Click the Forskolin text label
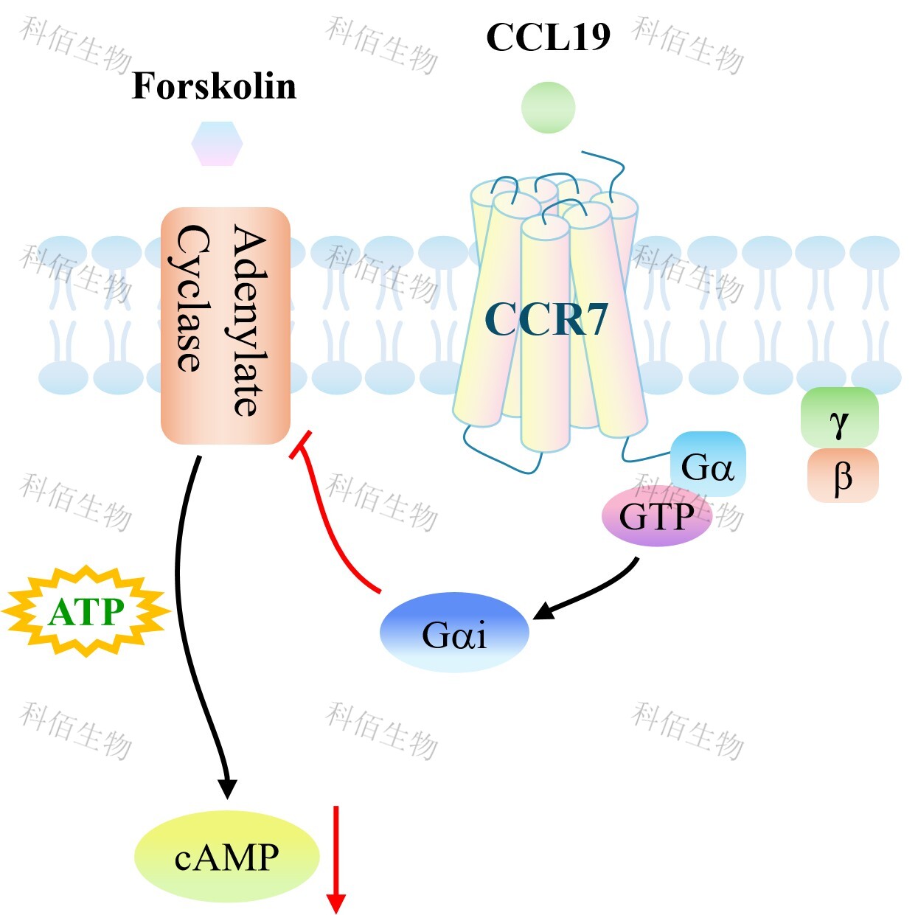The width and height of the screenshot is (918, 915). (x=214, y=86)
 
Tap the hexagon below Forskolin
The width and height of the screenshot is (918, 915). (x=218, y=144)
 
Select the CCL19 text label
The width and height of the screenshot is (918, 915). (x=548, y=37)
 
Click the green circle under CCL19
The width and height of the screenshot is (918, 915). (x=549, y=108)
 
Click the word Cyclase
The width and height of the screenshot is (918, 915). (x=189, y=298)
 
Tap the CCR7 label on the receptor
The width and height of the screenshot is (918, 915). (x=546, y=319)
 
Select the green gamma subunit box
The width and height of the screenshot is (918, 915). (x=839, y=417)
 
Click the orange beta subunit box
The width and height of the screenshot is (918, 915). (x=843, y=476)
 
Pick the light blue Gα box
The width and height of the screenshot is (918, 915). (x=708, y=463)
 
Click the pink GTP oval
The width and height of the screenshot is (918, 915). (x=657, y=515)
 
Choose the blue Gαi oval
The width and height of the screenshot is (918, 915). (x=454, y=632)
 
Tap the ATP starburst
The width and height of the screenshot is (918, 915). (x=86, y=612)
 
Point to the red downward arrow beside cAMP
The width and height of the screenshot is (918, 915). (x=336, y=860)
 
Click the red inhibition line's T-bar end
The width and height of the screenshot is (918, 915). (x=301, y=445)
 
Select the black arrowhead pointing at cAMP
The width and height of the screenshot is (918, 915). (x=227, y=789)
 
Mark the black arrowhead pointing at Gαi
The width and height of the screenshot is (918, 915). (x=544, y=610)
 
